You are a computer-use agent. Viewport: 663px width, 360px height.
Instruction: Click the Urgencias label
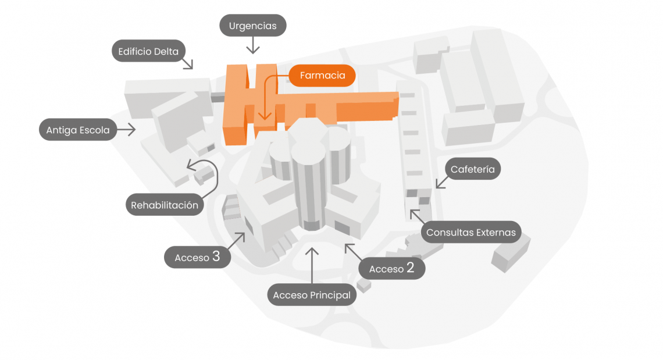click(252, 26)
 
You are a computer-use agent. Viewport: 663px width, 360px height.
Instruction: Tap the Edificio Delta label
click(148, 51)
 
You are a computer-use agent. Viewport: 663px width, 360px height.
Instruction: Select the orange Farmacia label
click(322, 76)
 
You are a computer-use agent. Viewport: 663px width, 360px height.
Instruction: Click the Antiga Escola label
click(78, 130)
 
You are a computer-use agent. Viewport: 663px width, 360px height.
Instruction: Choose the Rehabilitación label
click(165, 205)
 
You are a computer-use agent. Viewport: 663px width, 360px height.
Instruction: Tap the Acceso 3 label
click(197, 257)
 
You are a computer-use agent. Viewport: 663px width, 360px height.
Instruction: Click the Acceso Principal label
click(312, 295)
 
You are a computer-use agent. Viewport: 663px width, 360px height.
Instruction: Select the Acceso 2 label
click(391, 268)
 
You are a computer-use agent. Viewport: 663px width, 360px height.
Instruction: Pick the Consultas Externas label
click(471, 233)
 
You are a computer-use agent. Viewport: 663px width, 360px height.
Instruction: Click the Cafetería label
click(473, 169)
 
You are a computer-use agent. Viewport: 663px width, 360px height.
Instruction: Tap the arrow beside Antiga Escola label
click(126, 130)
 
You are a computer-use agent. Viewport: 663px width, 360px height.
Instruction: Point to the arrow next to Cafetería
click(440, 181)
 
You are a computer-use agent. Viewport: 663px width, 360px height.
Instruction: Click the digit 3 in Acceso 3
click(216, 256)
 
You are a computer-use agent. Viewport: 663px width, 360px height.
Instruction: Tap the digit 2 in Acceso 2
click(411, 268)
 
